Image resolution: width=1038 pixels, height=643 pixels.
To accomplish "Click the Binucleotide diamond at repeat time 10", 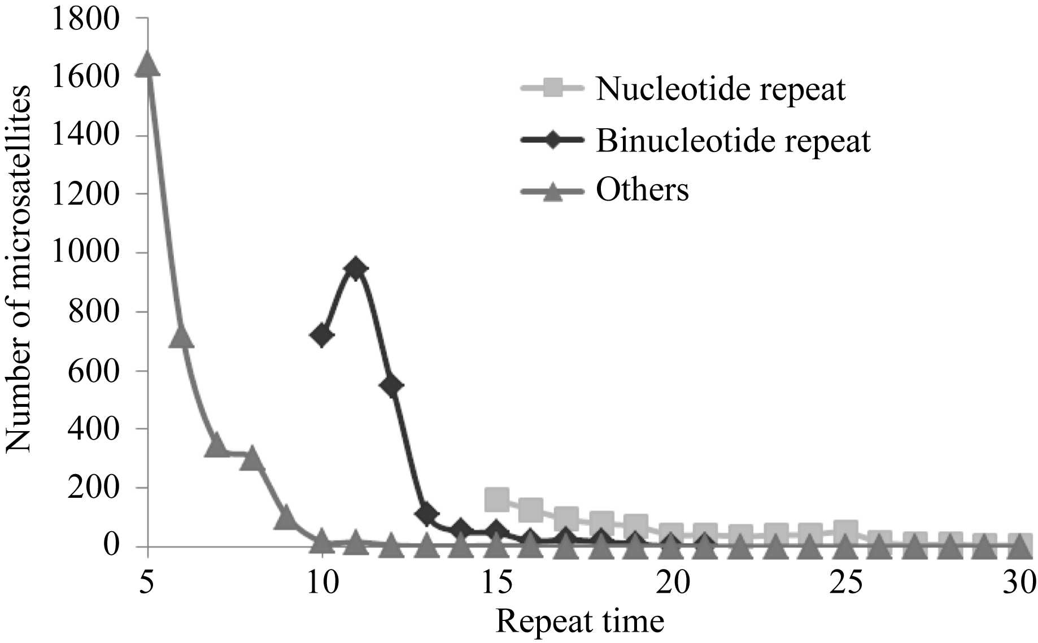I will (321, 336).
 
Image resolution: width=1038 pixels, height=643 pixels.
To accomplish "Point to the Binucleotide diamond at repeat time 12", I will (391, 386).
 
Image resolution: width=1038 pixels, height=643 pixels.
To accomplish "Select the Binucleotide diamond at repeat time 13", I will (426, 514).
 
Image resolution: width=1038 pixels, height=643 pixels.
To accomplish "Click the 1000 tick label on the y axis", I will (85, 253).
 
